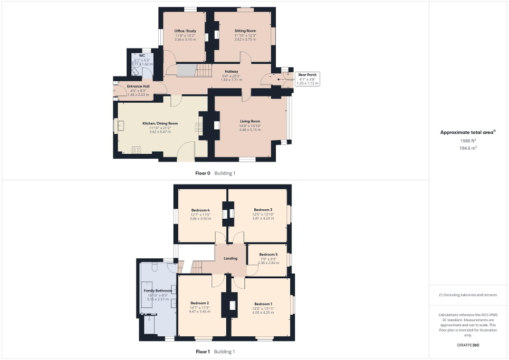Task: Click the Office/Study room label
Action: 185,31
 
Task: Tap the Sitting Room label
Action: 245,31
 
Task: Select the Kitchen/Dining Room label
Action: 160,123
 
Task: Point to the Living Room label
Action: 250,121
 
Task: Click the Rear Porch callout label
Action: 308,75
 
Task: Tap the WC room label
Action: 142,55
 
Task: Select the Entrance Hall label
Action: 138,86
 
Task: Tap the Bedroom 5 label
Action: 268,255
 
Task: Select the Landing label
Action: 231,258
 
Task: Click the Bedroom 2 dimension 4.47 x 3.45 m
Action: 200,312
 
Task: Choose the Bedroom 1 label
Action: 263,304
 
